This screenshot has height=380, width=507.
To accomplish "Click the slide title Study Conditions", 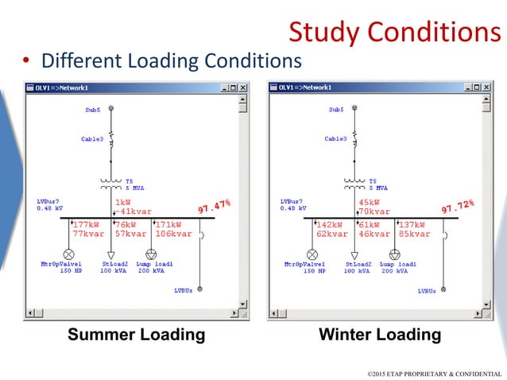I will (394, 32).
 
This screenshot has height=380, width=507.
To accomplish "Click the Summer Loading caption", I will (136, 335).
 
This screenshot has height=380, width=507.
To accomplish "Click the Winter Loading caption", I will (379, 335).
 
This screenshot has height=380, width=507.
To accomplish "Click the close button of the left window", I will (243, 87).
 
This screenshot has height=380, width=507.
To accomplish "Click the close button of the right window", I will (486, 87).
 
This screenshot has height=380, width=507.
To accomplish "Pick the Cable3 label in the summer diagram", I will (92, 139).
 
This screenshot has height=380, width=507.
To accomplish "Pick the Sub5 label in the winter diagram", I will (336, 110).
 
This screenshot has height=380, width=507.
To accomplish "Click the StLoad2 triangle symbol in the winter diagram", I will (354, 254).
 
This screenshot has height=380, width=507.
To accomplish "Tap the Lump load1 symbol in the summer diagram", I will (152, 254).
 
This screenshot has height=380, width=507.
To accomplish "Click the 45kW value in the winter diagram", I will (369, 203).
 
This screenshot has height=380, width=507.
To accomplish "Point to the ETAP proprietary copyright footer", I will (434, 373).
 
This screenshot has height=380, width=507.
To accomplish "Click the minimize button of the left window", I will (225, 87).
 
